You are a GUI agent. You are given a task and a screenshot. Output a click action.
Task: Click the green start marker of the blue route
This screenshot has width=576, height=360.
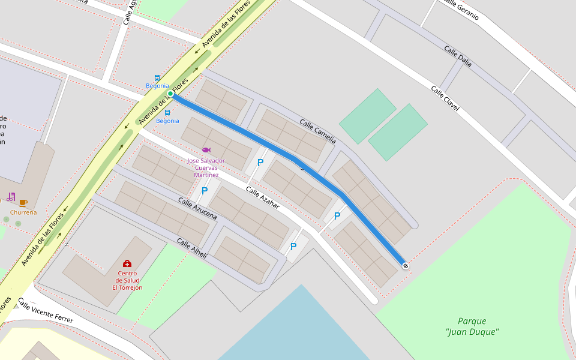170,94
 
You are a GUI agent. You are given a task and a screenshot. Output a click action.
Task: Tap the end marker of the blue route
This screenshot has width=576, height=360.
406,266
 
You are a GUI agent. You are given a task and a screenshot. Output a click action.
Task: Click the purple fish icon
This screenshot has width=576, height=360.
206,150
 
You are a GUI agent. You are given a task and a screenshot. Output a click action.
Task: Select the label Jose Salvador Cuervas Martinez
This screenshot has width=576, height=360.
206,167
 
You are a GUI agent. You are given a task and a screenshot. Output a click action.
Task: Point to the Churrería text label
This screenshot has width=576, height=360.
23,212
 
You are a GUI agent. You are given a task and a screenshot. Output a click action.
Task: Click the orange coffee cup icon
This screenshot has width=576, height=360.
23,203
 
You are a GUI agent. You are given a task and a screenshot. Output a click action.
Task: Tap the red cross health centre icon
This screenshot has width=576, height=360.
127,263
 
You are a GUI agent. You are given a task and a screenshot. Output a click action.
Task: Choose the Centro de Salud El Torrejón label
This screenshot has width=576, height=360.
127,280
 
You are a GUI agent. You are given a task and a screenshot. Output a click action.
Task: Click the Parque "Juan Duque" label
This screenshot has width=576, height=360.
472,326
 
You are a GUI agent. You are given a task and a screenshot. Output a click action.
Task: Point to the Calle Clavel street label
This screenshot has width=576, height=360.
445,98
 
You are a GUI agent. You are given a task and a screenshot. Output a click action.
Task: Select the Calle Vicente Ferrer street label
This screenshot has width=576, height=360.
45,311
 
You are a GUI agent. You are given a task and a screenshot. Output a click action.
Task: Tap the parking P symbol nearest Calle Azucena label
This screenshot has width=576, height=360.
205,191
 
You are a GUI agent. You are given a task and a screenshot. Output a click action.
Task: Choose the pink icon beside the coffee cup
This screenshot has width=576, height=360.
11,197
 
